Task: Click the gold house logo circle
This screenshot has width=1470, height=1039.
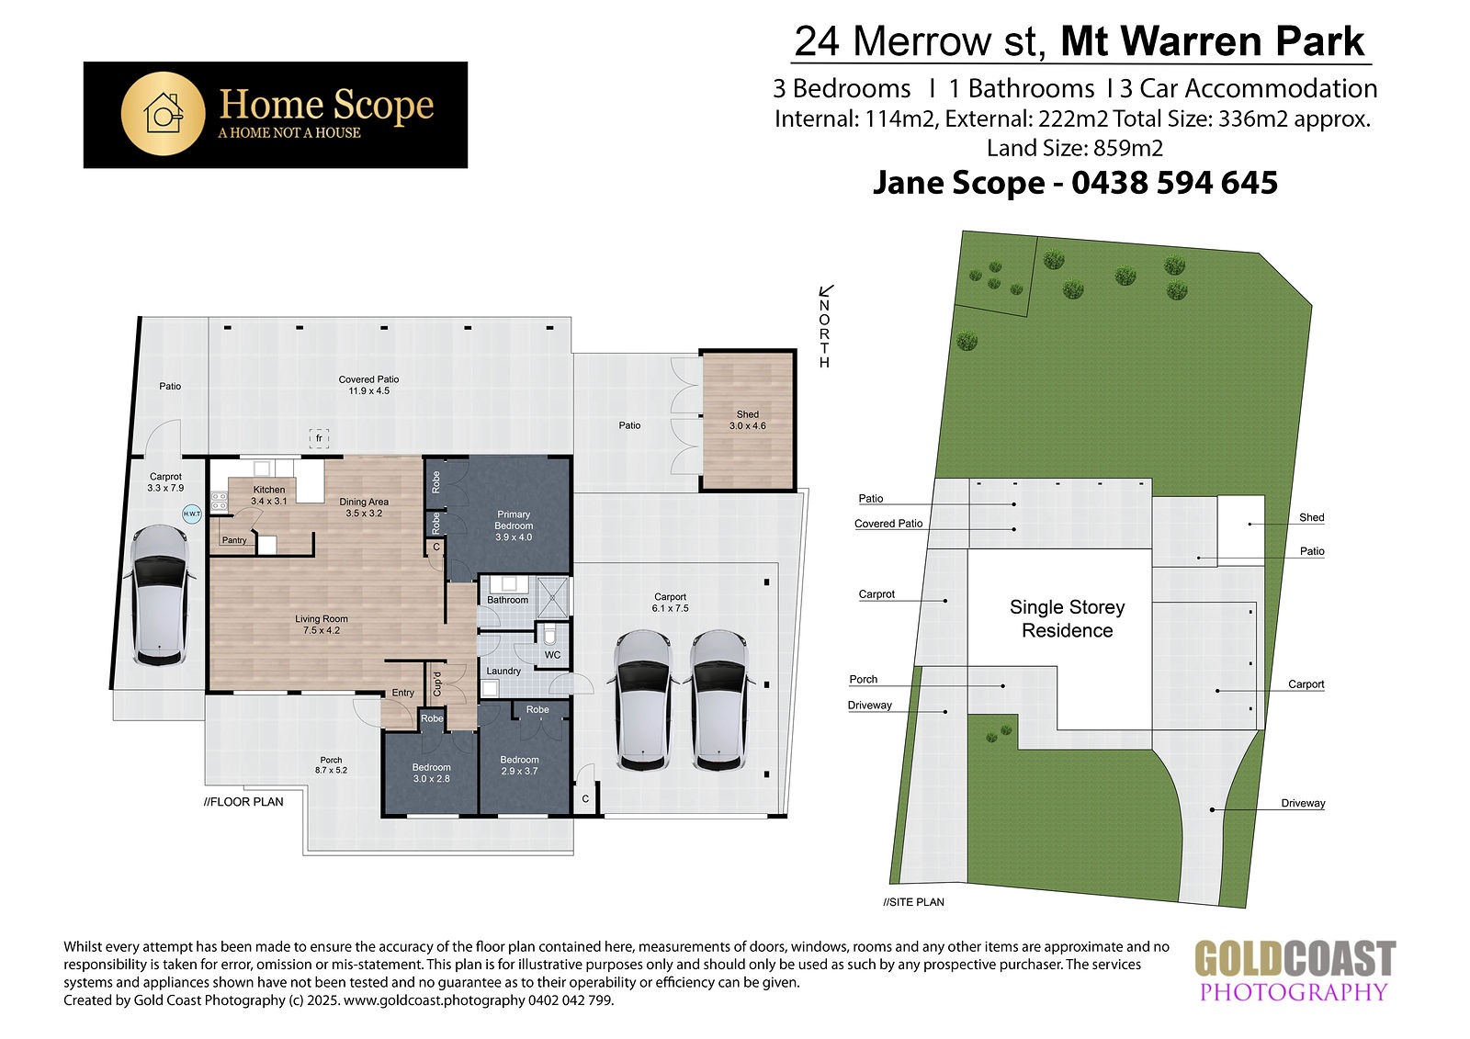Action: [x=163, y=114]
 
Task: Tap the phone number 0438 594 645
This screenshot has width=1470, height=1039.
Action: [x=1175, y=183]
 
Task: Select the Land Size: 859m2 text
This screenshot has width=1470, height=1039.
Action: [x=1075, y=148]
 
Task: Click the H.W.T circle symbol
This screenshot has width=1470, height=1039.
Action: [x=192, y=514]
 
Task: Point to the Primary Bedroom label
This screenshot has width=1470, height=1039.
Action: [x=514, y=525]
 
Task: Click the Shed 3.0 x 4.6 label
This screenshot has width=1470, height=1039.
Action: [x=748, y=420]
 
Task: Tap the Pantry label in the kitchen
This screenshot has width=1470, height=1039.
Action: [x=234, y=540]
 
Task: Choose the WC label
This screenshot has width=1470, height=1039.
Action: [x=552, y=655]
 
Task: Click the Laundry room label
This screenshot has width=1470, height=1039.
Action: [x=503, y=671]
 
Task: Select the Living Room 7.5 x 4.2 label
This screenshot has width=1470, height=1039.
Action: [x=322, y=624]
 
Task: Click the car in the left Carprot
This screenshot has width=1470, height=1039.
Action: [x=160, y=595]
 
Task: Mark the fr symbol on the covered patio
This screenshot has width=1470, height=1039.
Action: [x=319, y=438]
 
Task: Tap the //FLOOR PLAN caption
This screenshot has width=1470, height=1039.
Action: [x=243, y=801]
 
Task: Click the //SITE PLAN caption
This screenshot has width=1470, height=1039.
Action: [x=913, y=902]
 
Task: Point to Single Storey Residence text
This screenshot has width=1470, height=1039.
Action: [x=1067, y=619]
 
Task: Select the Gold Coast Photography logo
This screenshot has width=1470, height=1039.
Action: [x=1295, y=971]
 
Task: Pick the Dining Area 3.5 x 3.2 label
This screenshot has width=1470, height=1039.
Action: [x=364, y=507]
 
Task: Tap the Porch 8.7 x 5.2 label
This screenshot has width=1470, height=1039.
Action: [x=331, y=765]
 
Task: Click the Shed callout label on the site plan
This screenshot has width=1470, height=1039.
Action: [x=1311, y=517]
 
